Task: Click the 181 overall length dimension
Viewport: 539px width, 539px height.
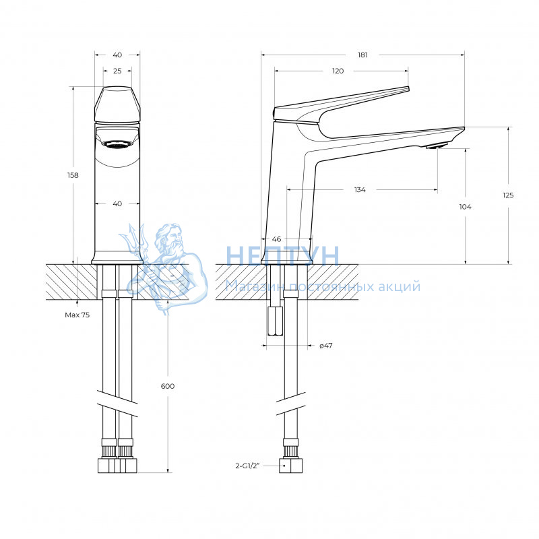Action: click(362, 55)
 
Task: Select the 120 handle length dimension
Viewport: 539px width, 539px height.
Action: click(338, 71)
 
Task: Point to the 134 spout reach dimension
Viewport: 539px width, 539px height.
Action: click(360, 190)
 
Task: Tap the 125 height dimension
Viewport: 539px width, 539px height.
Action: click(508, 195)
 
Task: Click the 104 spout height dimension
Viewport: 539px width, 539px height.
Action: click(465, 207)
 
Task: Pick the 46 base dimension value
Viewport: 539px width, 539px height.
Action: click(276, 239)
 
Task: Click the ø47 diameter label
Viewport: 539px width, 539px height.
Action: click(326, 346)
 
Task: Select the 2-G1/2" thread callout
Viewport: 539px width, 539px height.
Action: click(247, 466)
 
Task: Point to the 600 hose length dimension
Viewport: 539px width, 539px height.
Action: click(168, 386)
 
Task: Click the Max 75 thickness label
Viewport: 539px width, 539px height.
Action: click(77, 315)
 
